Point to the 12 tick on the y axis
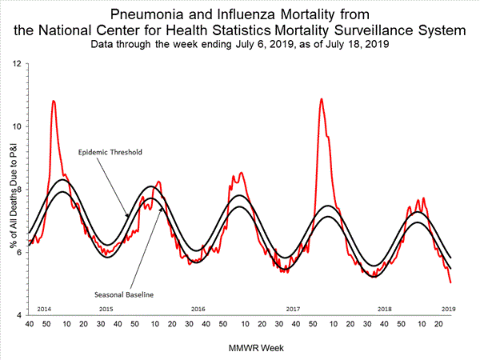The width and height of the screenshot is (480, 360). click(x=17, y=63)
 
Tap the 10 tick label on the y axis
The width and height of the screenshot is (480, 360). click(x=17, y=126)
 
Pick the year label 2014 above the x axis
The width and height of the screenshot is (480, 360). click(x=45, y=308)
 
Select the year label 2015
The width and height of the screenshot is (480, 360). click(x=106, y=308)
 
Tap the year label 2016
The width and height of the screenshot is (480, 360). click(x=198, y=308)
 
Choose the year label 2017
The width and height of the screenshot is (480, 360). click(x=292, y=308)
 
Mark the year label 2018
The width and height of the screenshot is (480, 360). click(x=385, y=308)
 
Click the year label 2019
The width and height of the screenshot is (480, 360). click(x=446, y=308)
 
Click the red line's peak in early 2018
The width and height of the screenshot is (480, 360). click(x=321, y=99)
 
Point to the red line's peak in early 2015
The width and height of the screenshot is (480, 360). click(x=53, y=101)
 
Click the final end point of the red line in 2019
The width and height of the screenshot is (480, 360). click(x=451, y=283)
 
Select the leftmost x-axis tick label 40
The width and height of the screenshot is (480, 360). click(x=29, y=325)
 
